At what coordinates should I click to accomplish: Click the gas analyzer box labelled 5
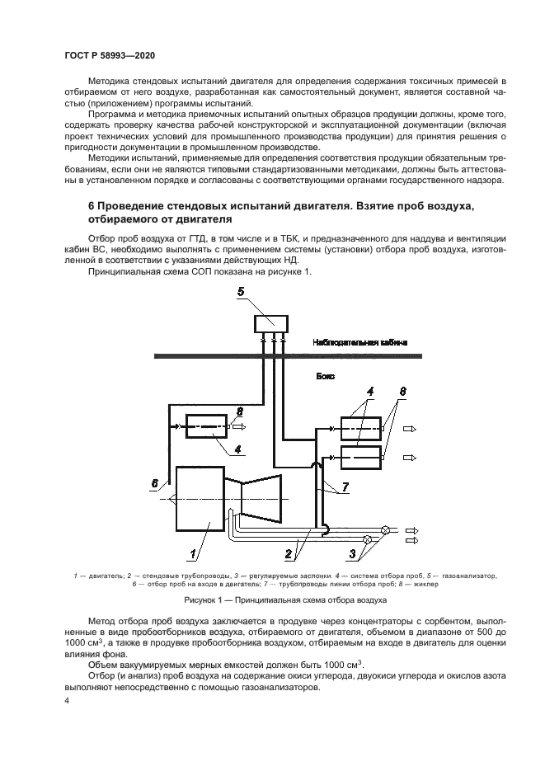271,323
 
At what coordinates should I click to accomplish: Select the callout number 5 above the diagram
241,291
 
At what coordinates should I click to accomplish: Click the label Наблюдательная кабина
360,341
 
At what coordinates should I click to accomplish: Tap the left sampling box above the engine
205,427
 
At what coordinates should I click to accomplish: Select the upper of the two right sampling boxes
361,430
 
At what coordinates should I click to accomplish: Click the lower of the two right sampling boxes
361,457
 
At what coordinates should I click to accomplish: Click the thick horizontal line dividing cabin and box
289,355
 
